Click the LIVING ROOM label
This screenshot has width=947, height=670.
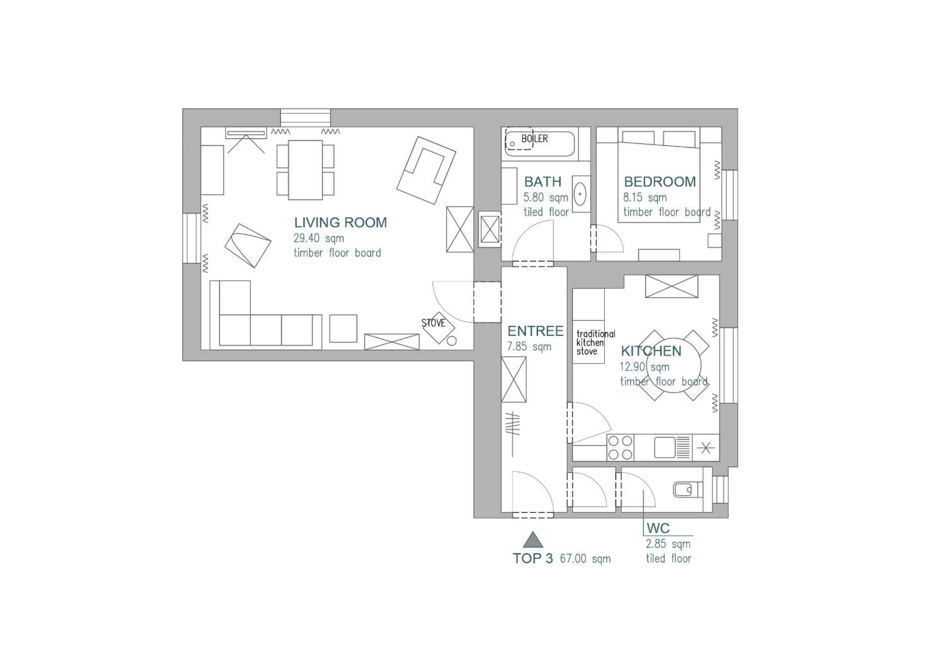click(340, 222)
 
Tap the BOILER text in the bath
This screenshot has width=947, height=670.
click(535, 139)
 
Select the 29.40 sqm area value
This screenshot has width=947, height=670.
click(318, 239)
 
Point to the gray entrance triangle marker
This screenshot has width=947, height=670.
click(533, 539)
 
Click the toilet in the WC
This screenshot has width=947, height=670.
click(688, 490)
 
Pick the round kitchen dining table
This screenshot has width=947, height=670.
click(674, 365)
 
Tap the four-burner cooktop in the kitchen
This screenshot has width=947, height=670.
click(620, 448)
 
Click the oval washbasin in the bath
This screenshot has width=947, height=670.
click(580, 194)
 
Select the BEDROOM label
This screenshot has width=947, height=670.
click(660, 182)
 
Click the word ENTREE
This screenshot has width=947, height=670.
click(535, 331)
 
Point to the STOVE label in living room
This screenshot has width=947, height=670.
click(433, 323)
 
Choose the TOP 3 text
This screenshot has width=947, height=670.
click(533, 558)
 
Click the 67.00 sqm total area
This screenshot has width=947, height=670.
click(585, 559)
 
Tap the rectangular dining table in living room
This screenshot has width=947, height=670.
click(305, 170)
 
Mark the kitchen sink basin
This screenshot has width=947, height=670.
click(665, 448)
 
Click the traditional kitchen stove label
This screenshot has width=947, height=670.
click(595, 342)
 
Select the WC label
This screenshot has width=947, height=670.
click(658, 528)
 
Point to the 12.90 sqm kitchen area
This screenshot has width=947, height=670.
click(644, 367)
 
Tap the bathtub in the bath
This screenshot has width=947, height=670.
click(540, 143)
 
